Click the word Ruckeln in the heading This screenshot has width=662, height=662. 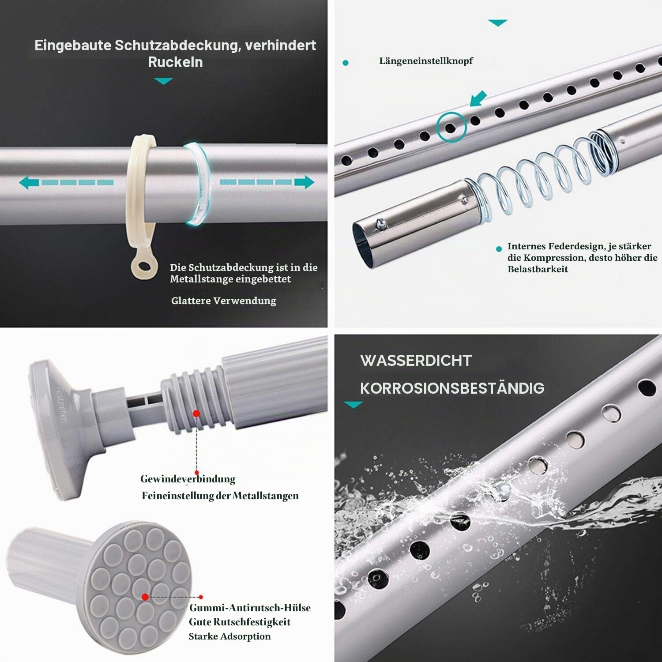[175, 62]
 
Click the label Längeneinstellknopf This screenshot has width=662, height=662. [426, 61]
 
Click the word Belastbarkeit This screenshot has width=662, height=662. [538, 269]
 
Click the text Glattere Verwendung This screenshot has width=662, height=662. [224, 301]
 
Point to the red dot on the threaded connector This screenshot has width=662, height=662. [196, 414]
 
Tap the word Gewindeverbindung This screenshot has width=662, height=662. [188, 479]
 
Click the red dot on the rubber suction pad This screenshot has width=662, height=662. [145, 597]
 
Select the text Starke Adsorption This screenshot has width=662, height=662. [230, 636]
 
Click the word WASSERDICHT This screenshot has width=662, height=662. [416, 361]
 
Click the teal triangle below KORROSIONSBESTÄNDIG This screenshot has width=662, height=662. [353, 404]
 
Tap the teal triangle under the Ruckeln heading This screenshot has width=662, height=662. [164, 81]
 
